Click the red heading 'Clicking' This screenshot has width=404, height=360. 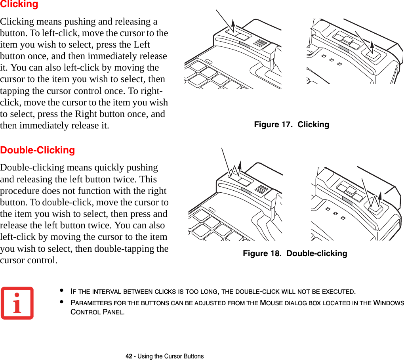(19, 4)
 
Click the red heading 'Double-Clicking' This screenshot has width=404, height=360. (38, 150)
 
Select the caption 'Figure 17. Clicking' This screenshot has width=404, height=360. (291, 124)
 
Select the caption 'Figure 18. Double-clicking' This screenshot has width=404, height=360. (295, 253)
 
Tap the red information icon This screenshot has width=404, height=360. (17, 303)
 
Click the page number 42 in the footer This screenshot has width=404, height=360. (129, 356)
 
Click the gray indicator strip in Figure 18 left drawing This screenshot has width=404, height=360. (246, 191)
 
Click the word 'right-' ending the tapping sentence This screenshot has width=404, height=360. (157, 90)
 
